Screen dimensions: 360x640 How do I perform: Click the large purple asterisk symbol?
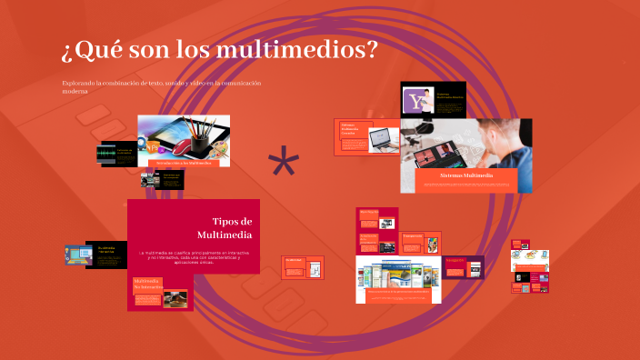click(x=284, y=165)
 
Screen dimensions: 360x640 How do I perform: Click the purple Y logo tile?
click(x=417, y=100)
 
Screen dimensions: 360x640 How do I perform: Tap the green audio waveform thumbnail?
click(x=107, y=154)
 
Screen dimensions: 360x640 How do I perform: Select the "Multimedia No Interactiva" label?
click(x=146, y=285)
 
